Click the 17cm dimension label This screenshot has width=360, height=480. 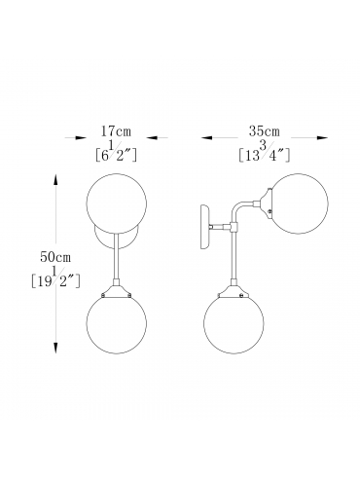tap(116, 131)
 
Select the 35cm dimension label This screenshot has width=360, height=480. tap(265, 131)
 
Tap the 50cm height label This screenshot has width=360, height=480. tap(55, 257)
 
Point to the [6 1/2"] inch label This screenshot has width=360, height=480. tap(117, 152)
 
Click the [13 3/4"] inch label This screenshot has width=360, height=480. tap(264, 152)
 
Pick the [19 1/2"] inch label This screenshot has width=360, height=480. tap(55, 277)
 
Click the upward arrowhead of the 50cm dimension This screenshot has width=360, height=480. tap(55, 179)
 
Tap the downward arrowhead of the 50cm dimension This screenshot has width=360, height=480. tap(55, 348)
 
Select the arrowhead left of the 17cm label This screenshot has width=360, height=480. tap(81, 137)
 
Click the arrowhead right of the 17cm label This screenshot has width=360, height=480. tap(152, 137)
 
